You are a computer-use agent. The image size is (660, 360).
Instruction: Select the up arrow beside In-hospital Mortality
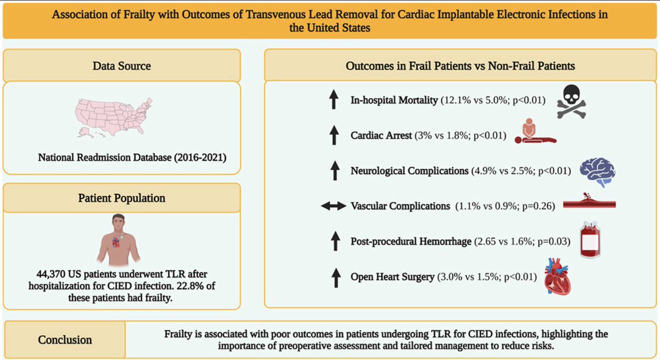click(x=333, y=100)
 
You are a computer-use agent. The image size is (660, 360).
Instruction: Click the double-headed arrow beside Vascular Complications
click(x=333, y=206)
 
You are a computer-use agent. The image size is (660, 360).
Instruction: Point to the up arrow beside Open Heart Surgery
click(x=333, y=276)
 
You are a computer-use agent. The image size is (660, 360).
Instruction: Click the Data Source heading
click(x=121, y=66)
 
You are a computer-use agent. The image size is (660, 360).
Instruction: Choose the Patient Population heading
click(x=121, y=197)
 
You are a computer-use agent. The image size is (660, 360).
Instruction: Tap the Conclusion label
click(x=65, y=340)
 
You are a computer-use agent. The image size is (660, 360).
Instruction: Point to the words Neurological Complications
click(x=409, y=171)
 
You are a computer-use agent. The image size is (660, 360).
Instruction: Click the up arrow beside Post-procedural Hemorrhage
click(x=333, y=241)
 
